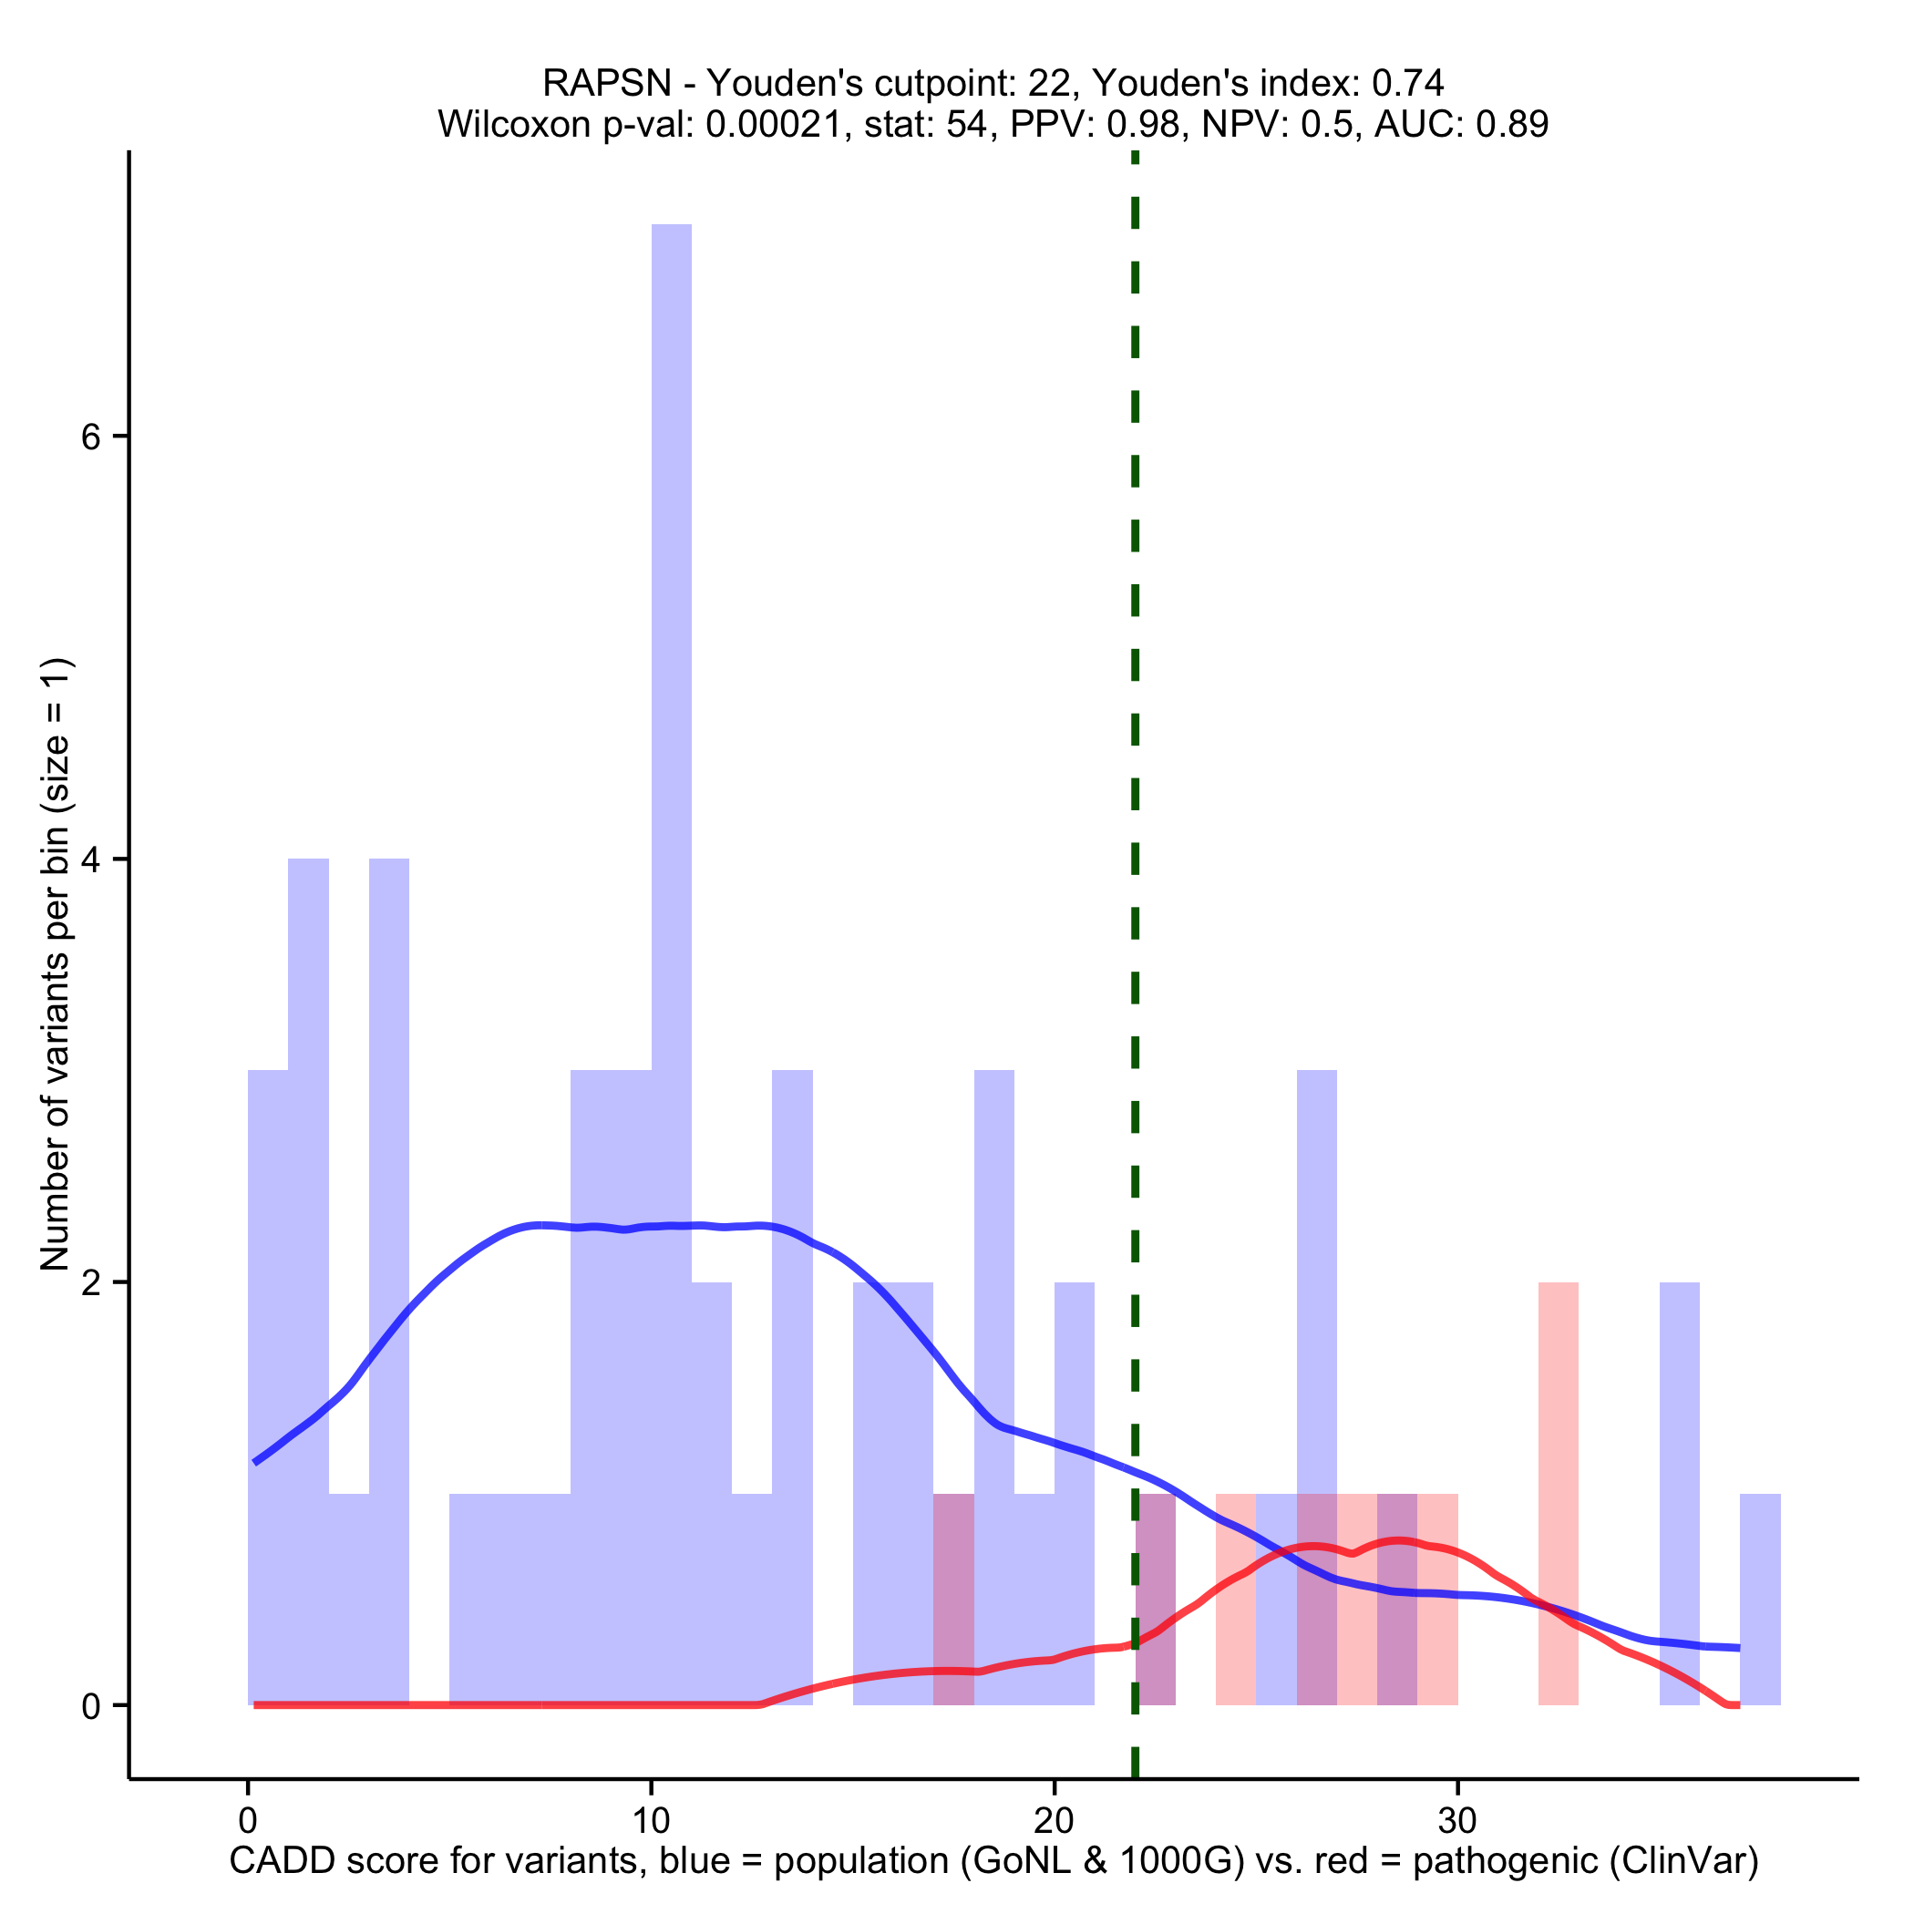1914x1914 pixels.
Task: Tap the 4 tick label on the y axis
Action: [x=91, y=859]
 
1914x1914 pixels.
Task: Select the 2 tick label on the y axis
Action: [x=91, y=1283]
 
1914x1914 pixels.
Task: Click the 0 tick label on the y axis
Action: [x=91, y=1706]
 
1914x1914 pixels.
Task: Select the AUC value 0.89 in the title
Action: [x=1512, y=124]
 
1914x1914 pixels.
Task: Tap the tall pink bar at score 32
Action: [x=1558, y=1486]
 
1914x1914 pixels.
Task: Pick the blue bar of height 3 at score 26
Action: [x=1315, y=1288]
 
